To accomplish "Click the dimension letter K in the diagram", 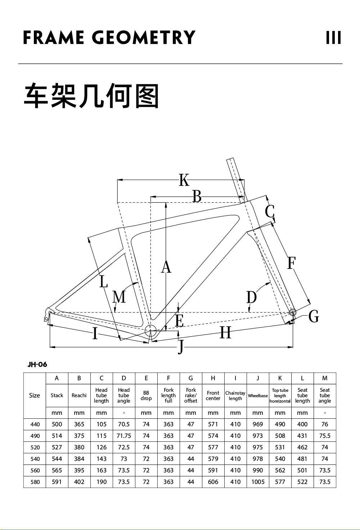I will [x=184, y=180].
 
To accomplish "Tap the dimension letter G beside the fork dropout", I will [x=314, y=316].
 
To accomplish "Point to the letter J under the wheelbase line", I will [x=181, y=347].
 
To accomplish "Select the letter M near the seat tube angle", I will [x=119, y=297].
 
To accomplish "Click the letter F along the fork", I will [x=291, y=263].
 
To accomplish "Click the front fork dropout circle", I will [x=292, y=312].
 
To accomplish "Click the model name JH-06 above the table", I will [x=37, y=364].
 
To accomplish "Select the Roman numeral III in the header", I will [x=333, y=38].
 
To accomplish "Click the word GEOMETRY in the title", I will [x=143, y=38].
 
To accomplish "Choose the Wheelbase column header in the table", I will [x=258, y=395].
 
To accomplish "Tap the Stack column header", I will [x=57, y=395].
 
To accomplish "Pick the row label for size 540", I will [x=35, y=459].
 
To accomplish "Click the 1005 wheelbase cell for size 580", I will [x=258, y=482].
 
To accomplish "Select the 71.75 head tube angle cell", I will [x=124, y=436].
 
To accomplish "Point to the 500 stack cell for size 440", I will [x=57, y=425].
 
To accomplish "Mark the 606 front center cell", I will [x=213, y=482].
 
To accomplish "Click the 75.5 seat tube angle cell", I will [x=325, y=436].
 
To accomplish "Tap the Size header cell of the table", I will [x=35, y=395].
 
